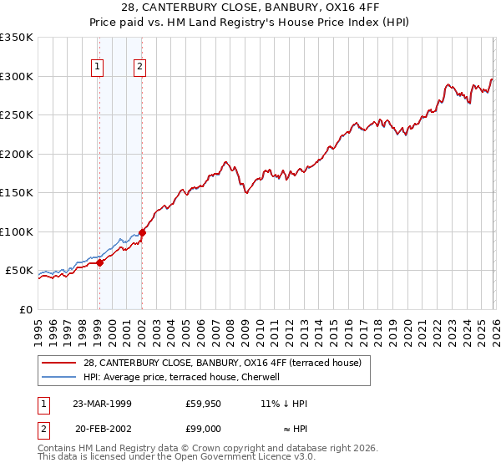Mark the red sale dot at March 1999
[99, 262]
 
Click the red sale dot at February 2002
[142, 232]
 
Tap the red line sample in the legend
[60, 363]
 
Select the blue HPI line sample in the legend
[60, 377]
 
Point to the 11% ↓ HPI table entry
[284, 404]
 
